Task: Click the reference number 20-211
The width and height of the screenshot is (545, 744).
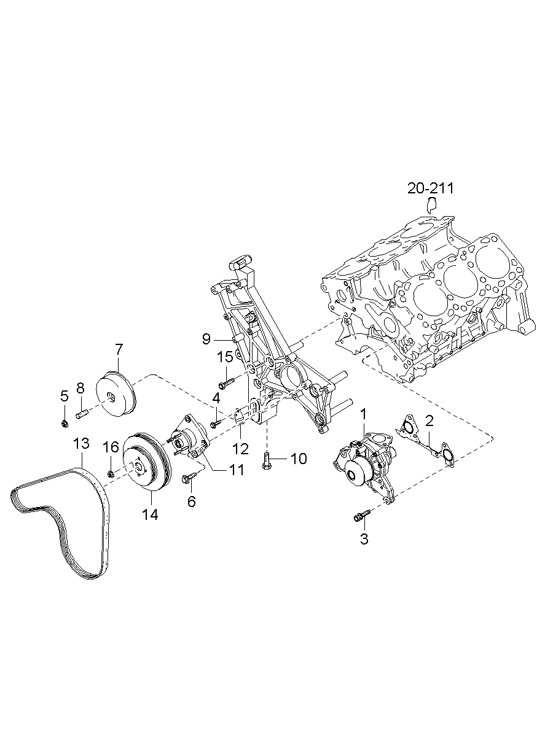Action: point(430,188)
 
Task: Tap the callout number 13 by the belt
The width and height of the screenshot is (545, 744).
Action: point(82,443)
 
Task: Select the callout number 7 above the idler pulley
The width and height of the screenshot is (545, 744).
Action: point(119,349)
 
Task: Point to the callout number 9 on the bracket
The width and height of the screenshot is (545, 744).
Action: point(206,339)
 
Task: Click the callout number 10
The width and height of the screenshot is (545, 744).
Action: point(299,459)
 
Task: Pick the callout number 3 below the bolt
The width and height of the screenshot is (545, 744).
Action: point(364,539)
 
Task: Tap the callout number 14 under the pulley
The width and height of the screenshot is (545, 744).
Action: point(150,514)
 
